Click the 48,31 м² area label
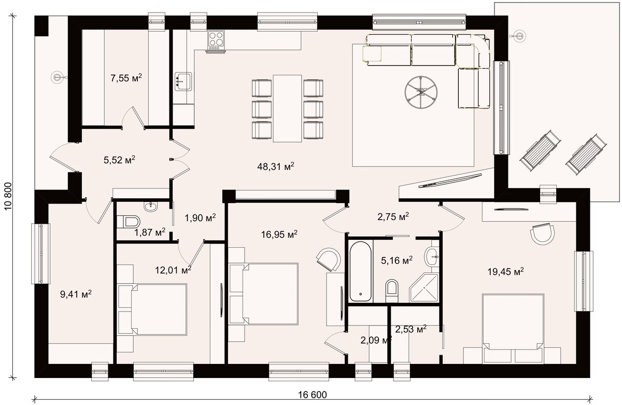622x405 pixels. (275, 166)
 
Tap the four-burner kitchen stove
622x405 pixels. (216, 42)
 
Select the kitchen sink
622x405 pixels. (183, 81)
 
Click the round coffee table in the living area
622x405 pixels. (421, 92)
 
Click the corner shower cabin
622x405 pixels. (424, 287)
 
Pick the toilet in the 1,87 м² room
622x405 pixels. (129, 222)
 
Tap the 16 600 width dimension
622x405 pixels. (313, 395)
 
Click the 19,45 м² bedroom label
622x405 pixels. (506, 272)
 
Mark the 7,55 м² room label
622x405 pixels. (126, 78)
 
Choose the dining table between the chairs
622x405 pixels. (287, 108)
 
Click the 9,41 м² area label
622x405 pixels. (76, 294)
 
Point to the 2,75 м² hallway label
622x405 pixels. (393, 217)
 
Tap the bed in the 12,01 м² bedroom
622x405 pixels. (152, 309)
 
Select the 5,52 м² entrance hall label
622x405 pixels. (119, 160)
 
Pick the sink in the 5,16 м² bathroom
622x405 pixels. (431, 255)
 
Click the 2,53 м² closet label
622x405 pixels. (411, 329)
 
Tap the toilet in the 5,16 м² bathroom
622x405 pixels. (392, 290)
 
